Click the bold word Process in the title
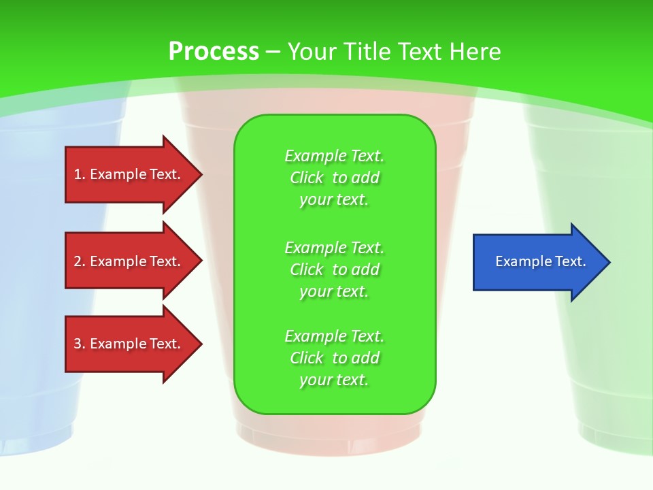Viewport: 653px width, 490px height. (214, 52)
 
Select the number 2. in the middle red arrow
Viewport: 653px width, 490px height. (80, 261)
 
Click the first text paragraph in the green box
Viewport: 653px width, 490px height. (334, 178)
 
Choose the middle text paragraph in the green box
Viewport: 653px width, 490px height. (334, 269)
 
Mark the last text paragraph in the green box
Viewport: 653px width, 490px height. (334, 358)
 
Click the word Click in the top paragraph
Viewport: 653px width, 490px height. (307, 178)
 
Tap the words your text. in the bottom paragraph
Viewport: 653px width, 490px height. (334, 380)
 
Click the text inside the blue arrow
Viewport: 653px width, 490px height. (541, 261)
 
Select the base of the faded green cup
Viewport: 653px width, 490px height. (616, 436)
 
